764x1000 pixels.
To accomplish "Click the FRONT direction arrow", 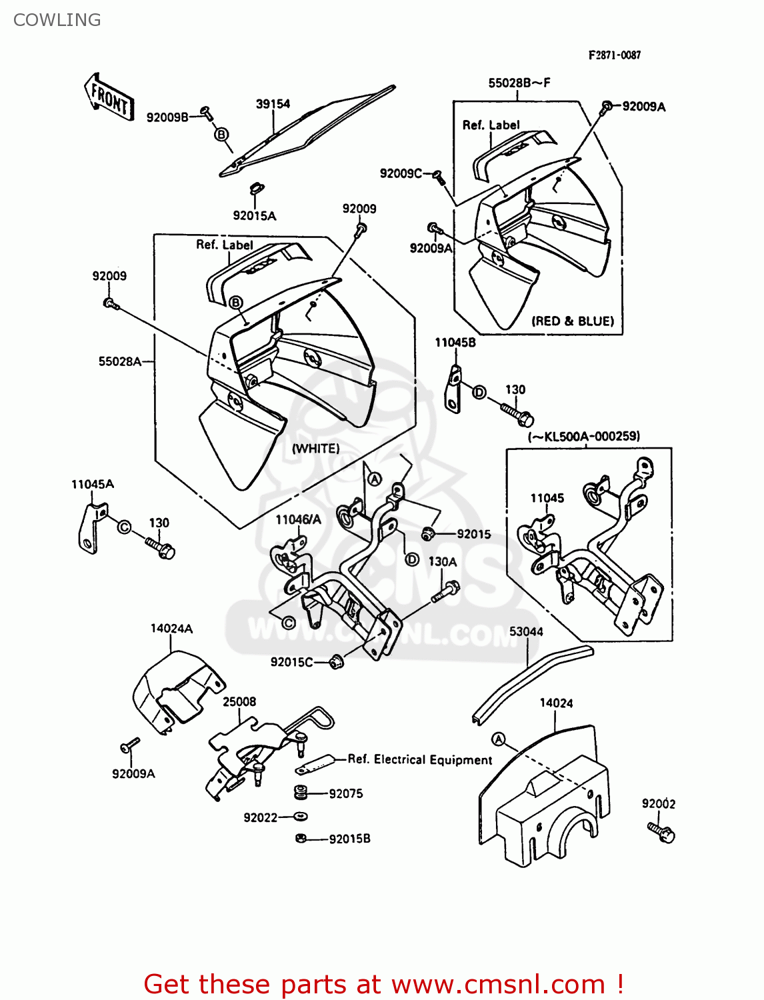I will (x=109, y=98).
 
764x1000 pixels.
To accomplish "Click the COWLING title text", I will (x=57, y=20).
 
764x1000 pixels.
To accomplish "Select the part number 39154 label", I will (x=273, y=104).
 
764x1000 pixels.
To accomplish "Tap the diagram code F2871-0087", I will (x=614, y=55).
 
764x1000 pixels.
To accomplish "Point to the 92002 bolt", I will (x=661, y=831).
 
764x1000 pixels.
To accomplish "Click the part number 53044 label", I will (x=526, y=631).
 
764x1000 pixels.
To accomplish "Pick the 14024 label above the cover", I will (x=556, y=703).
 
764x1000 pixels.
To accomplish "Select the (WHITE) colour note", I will (x=315, y=449).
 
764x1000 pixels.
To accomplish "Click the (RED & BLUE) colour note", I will (x=572, y=321).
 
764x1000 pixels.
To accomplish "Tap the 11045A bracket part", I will (x=91, y=527).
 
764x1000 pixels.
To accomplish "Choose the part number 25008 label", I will (x=239, y=701).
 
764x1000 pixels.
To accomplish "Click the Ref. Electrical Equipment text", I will (x=420, y=759).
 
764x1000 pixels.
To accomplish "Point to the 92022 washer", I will (x=301, y=817).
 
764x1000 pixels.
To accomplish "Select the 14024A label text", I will (x=171, y=628).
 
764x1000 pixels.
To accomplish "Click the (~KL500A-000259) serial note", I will (x=584, y=437).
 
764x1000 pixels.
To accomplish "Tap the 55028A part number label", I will (x=120, y=361).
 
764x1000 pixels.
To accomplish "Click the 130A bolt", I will (x=446, y=591).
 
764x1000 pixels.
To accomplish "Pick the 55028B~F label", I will (x=519, y=83).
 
